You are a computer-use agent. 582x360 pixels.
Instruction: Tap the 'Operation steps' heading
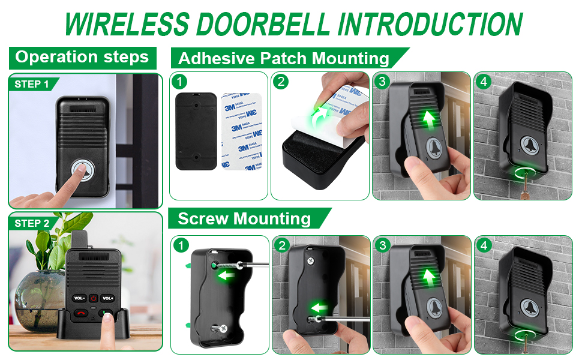point(82,58)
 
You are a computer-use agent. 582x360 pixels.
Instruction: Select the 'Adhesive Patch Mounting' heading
point(283,59)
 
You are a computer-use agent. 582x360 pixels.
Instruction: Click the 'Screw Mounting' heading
point(244,218)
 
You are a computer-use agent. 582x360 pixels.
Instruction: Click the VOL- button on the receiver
point(79,298)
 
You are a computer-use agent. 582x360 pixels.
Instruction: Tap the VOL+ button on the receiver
point(107,298)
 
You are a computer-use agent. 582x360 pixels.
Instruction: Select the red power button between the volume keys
point(94,298)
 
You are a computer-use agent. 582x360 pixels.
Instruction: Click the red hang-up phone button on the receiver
point(80,313)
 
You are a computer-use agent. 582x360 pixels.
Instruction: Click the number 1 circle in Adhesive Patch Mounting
point(179,80)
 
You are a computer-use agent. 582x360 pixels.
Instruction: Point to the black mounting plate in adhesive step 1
point(196,130)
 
